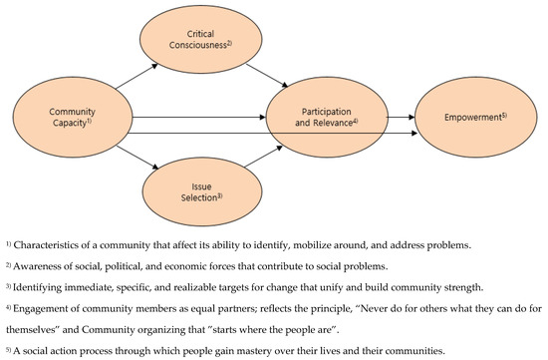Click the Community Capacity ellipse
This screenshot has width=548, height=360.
pos(70,118)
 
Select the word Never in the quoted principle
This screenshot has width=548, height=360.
pos(370,311)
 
